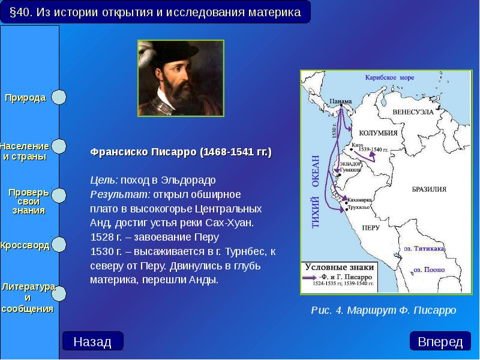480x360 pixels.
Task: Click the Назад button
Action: click(92, 342)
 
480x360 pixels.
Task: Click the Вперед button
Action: click(440, 342)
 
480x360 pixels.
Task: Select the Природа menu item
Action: click(26, 98)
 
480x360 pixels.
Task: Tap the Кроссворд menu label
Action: click(25, 246)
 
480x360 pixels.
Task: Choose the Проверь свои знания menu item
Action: click(28, 202)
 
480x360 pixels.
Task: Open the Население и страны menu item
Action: click(24, 151)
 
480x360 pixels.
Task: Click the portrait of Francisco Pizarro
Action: click(181, 78)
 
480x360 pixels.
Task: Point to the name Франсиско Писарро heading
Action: click(181, 152)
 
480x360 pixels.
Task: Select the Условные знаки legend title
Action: click(340, 267)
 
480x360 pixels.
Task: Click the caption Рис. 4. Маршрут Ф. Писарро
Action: click(384, 310)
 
